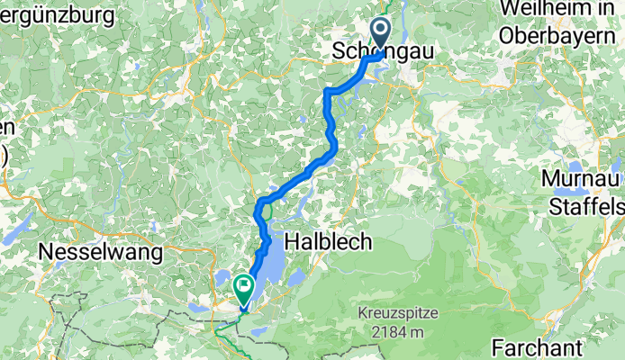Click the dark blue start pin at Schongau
pyautogui.click(x=380, y=31)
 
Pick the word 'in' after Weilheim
pyautogui.click(x=593, y=8)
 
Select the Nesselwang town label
pyautogui.click(x=101, y=253)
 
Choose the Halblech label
pyautogui.click(x=322, y=242)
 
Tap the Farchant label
pyautogui.click(x=540, y=347)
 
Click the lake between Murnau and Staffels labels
pyautogui.click(x=569, y=193)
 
